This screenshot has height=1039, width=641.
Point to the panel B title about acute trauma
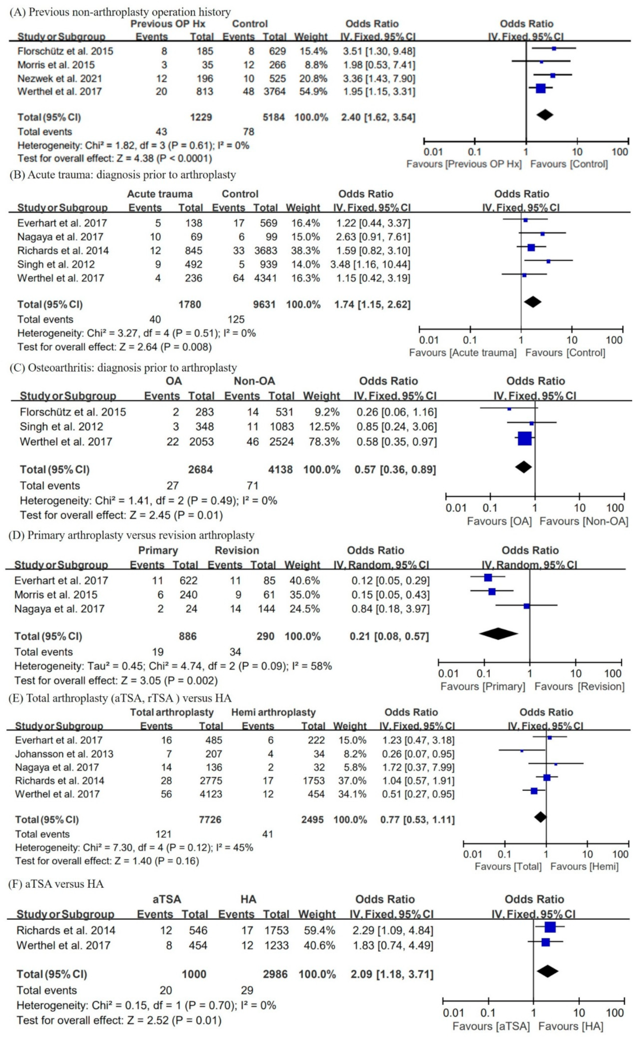coord(123,175)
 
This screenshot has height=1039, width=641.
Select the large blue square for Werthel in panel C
coord(524,439)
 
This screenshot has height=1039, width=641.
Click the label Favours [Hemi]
coord(584,867)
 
